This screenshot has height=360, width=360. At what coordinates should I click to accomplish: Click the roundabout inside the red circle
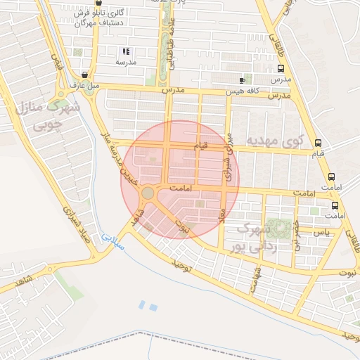pyautogui.click(x=148, y=193)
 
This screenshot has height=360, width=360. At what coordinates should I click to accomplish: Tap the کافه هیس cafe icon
pyautogui.click(x=243, y=80)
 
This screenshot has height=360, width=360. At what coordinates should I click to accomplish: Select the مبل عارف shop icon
pyautogui.click(x=85, y=75)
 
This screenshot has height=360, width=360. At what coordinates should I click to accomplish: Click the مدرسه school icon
pyautogui.click(x=126, y=51)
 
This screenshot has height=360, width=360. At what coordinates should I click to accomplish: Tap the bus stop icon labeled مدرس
pyautogui.click(x=281, y=69)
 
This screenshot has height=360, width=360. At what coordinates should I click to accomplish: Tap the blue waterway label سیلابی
pyautogui.click(x=112, y=243)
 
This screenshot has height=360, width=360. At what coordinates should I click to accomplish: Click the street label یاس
pyautogui.click(x=321, y=231)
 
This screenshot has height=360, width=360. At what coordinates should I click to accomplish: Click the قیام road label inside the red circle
pyautogui.click(x=200, y=145)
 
